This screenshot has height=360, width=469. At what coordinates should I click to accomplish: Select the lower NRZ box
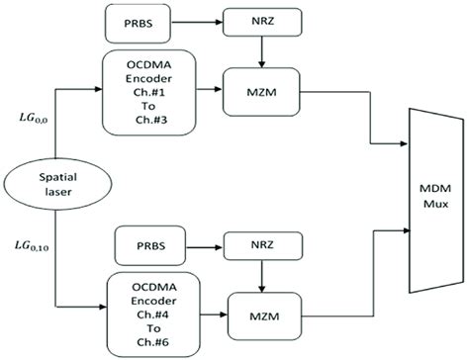click(260, 240)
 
